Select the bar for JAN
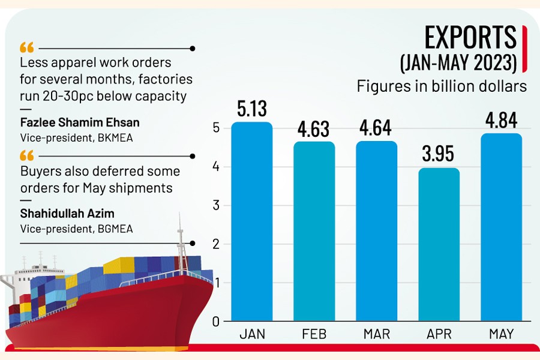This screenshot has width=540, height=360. [252, 222]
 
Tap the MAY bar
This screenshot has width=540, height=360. [502, 227]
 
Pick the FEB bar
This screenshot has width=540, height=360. [314, 232]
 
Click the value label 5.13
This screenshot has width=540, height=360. [252, 109]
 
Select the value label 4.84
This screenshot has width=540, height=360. [502, 121]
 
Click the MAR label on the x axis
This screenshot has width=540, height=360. [377, 334]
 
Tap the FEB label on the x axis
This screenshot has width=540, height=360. [314, 334]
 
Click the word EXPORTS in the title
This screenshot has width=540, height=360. [470, 38]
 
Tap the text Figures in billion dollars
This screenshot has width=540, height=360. [442, 86]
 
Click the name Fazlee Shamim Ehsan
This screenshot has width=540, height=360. [80, 122]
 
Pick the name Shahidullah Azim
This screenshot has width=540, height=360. [68, 214]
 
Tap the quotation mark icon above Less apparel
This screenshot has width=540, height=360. [27, 47]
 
